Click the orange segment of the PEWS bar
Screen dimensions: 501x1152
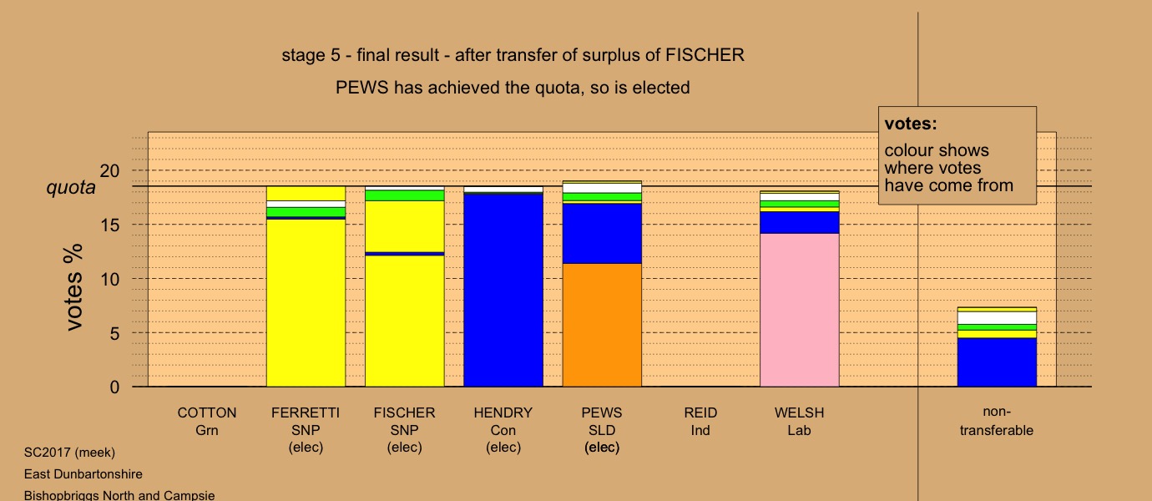[602, 325]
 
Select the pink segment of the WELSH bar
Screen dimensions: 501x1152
[799, 310]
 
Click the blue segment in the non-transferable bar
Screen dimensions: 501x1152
[996, 362]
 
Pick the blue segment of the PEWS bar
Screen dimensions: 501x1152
[602, 233]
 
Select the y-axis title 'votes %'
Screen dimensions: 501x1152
[74, 286]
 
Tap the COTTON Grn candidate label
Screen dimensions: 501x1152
[207, 422]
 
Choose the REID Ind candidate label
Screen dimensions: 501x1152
[700, 422]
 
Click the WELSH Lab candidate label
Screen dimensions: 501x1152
[799, 422]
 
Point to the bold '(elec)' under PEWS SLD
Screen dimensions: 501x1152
[602, 448]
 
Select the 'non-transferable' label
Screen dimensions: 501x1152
[996, 422]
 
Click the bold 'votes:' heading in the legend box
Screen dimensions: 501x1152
[911, 124]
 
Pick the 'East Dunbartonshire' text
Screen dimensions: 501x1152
[83, 474]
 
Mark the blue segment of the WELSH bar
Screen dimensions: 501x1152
[799, 222]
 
